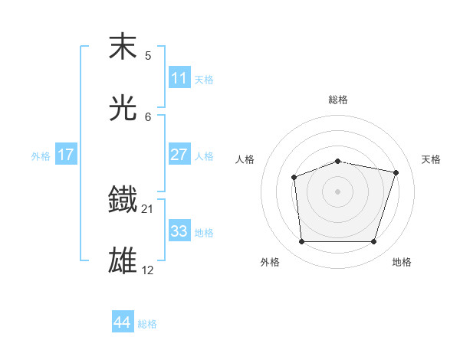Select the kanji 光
click(x=124, y=108)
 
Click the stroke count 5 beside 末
click(x=148, y=55)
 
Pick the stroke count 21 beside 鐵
click(x=148, y=208)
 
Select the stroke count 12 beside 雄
click(x=148, y=270)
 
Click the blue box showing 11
click(x=179, y=78)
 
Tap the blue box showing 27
click(x=179, y=155)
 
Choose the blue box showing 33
click(x=179, y=231)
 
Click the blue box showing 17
click(x=66, y=155)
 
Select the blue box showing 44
click(x=123, y=322)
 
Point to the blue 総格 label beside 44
click(x=147, y=324)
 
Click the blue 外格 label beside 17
click(x=41, y=156)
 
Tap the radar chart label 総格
click(x=338, y=100)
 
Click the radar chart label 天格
click(x=431, y=159)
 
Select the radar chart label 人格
click(x=245, y=159)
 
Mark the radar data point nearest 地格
click(x=373, y=242)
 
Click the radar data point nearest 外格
click(x=302, y=242)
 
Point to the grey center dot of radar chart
click(x=338, y=191)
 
